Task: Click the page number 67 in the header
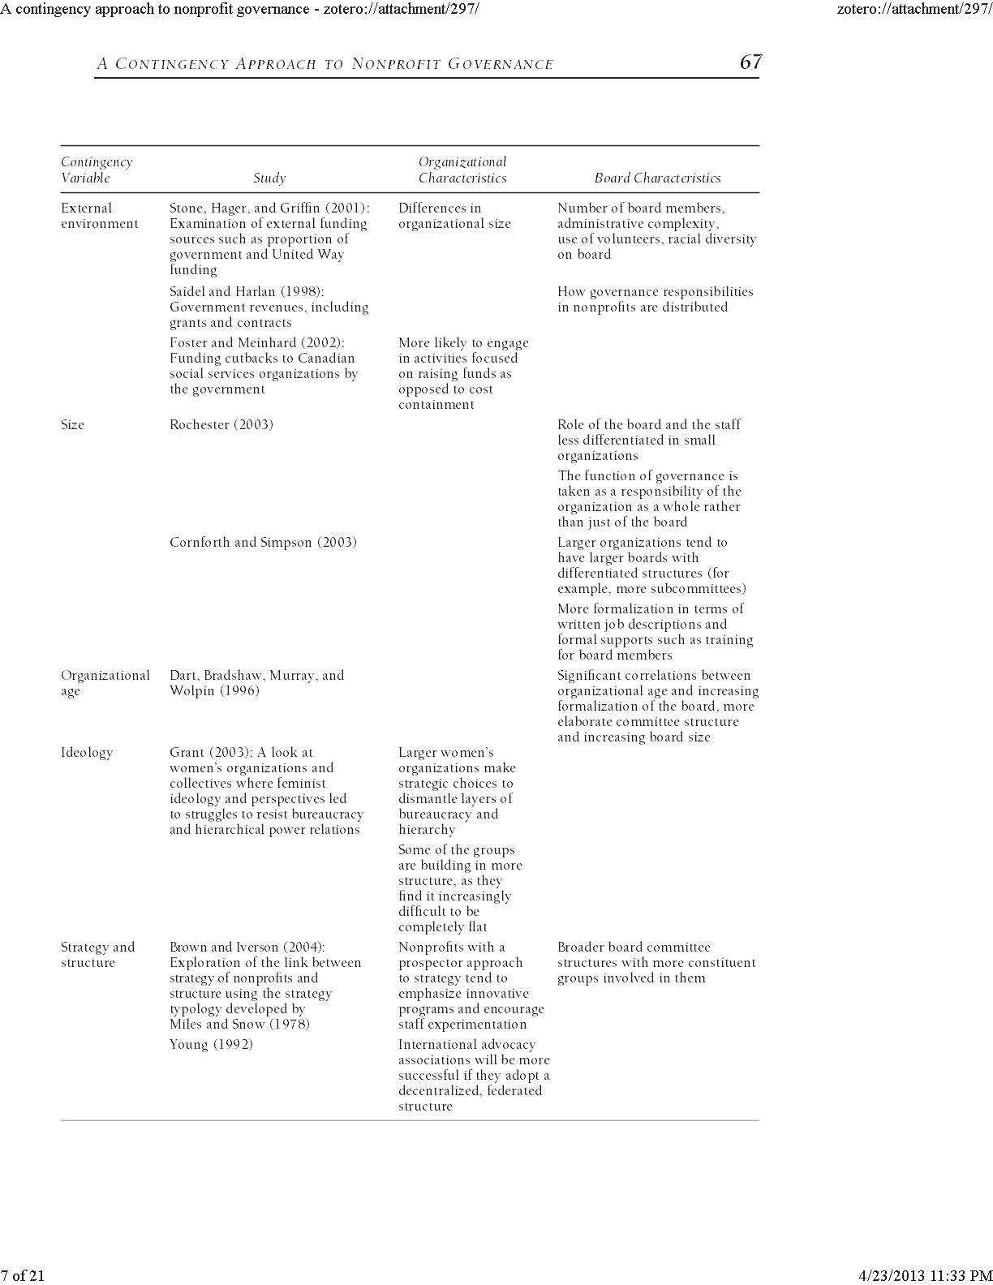click(x=750, y=62)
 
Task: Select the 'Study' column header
click(x=269, y=178)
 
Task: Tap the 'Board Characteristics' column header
click(x=657, y=178)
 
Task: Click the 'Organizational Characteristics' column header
click(x=462, y=170)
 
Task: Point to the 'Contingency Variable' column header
click(x=97, y=170)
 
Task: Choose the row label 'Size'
click(x=72, y=425)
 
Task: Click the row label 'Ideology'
click(x=87, y=753)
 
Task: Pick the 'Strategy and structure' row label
click(x=97, y=955)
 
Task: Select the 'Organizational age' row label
click(x=105, y=683)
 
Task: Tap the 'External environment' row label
click(x=99, y=216)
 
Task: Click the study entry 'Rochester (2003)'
click(x=221, y=425)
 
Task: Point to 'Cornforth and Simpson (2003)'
click(x=263, y=543)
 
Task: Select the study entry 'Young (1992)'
click(x=211, y=1045)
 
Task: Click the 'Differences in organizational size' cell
click(x=454, y=216)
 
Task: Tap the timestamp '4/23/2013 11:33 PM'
click(x=925, y=1275)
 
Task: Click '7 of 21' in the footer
click(x=23, y=1275)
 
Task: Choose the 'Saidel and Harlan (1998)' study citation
click(x=247, y=292)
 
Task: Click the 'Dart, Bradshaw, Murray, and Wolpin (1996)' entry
click(x=256, y=683)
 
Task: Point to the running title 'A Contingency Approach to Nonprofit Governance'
click(x=325, y=64)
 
